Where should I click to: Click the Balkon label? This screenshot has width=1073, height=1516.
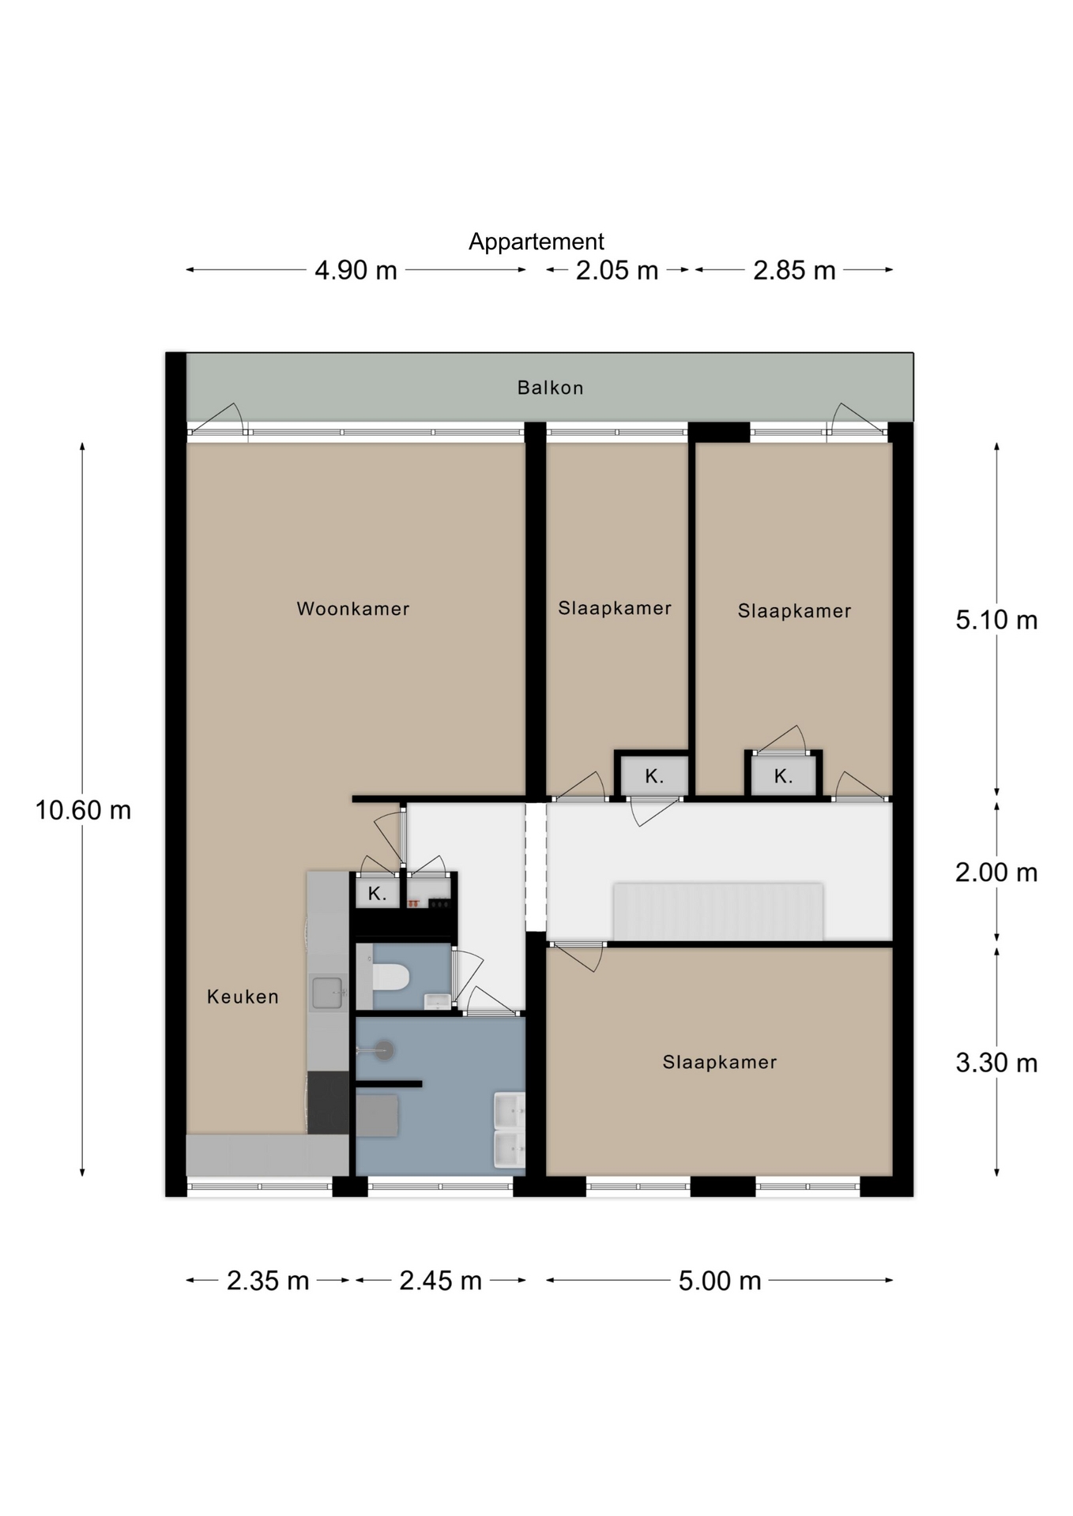click(550, 388)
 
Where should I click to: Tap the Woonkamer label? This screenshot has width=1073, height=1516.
click(353, 609)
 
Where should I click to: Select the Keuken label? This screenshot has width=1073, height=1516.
click(243, 996)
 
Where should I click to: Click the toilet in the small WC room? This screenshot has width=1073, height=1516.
click(390, 977)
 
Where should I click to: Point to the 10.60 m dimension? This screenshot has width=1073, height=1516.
click(83, 810)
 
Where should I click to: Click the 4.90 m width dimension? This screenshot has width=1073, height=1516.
click(356, 270)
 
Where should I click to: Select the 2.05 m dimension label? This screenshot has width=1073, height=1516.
click(617, 270)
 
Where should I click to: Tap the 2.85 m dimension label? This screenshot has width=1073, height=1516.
click(794, 270)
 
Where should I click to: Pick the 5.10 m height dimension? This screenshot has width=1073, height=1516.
click(996, 620)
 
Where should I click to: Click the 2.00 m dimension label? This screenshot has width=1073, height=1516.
click(996, 872)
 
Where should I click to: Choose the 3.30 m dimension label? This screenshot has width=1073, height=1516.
click(996, 1063)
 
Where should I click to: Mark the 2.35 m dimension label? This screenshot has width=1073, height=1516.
click(268, 1281)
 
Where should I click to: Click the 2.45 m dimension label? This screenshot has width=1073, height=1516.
click(440, 1281)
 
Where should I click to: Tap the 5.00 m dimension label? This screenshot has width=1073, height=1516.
click(720, 1281)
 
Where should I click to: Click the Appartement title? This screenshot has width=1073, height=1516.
click(536, 242)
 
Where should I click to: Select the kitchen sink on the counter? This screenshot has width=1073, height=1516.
click(327, 993)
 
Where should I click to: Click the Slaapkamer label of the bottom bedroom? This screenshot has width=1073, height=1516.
click(720, 1063)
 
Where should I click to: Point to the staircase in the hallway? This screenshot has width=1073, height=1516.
click(718, 911)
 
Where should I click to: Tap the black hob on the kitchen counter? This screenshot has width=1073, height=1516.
click(328, 1102)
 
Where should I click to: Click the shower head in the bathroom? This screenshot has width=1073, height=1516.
click(385, 1050)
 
